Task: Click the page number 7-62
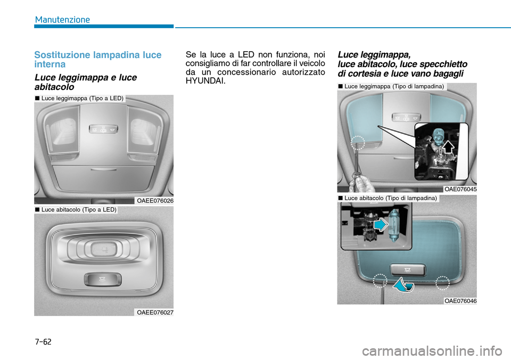pyautogui.click(x=43, y=342)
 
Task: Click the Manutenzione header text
pyautogui.click(x=62, y=20)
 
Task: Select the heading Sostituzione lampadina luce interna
pyautogui.click(x=98, y=59)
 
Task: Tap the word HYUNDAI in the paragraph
pyautogui.click(x=205, y=81)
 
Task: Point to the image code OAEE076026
pyautogui.click(x=155, y=201)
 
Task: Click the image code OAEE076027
pyautogui.click(x=155, y=313)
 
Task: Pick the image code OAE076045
pyautogui.click(x=460, y=189)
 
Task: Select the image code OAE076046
pyautogui.click(x=460, y=301)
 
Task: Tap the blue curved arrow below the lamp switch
pyautogui.click(x=403, y=284)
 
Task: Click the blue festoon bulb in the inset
pyautogui.click(x=394, y=225)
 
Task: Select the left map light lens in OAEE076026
pyautogui.click(x=62, y=130)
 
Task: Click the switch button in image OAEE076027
pyautogui.click(x=102, y=280)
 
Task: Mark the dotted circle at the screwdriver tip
pyautogui.click(x=358, y=143)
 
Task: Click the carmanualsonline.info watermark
pyautogui.click(x=432, y=351)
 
